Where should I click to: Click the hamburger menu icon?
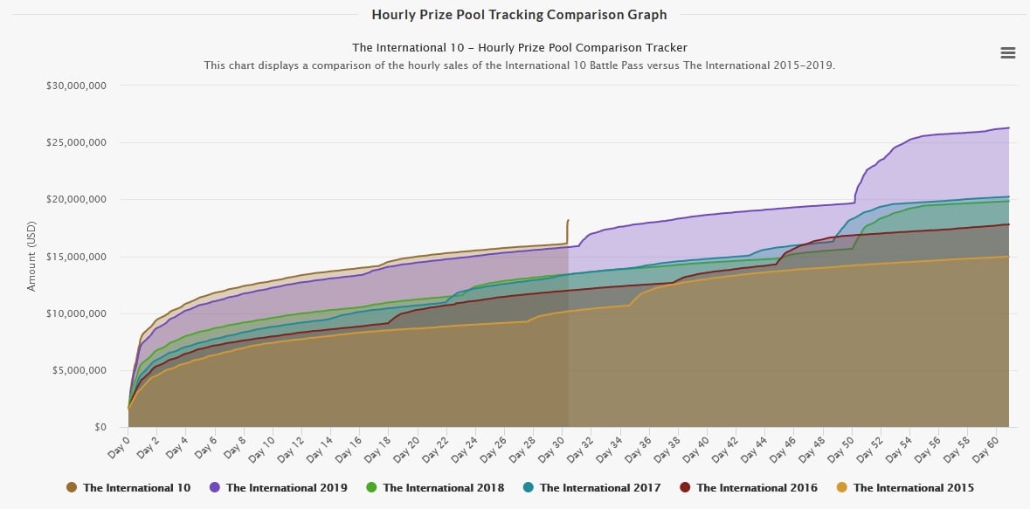1007,52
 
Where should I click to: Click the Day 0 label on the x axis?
117,444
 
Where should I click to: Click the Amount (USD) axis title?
32,257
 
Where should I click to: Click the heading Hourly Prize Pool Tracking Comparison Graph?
519,15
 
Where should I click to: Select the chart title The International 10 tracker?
519,47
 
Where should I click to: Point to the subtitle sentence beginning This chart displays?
519,65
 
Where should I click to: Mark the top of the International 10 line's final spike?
568,221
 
